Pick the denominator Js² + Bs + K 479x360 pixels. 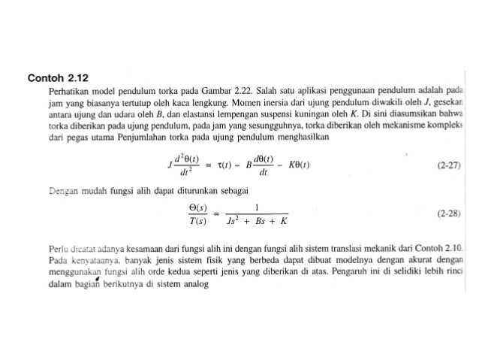click(x=257, y=222)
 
